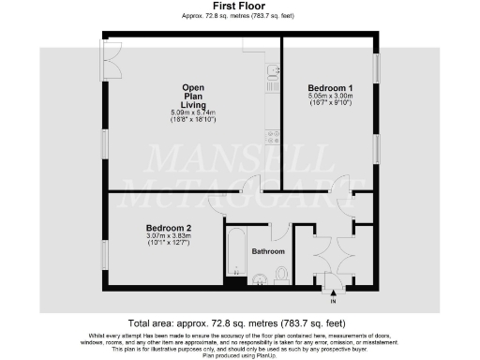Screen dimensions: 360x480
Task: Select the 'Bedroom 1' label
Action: pos(328,87)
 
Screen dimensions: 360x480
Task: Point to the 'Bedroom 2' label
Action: pos(169,228)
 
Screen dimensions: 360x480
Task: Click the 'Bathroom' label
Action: pos(267,250)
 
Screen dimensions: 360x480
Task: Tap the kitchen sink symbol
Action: pos(273,74)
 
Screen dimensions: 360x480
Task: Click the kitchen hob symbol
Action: pos(273,138)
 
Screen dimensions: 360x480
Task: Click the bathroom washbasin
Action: pos(254,277)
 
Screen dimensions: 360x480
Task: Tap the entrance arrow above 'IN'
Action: pos(333,293)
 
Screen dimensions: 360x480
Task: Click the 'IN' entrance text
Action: pos(333,302)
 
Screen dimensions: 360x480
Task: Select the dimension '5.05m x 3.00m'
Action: pos(328,96)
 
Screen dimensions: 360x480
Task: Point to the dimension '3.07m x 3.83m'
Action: pos(169,236)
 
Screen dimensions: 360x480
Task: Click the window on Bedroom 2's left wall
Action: pos(103,253)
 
